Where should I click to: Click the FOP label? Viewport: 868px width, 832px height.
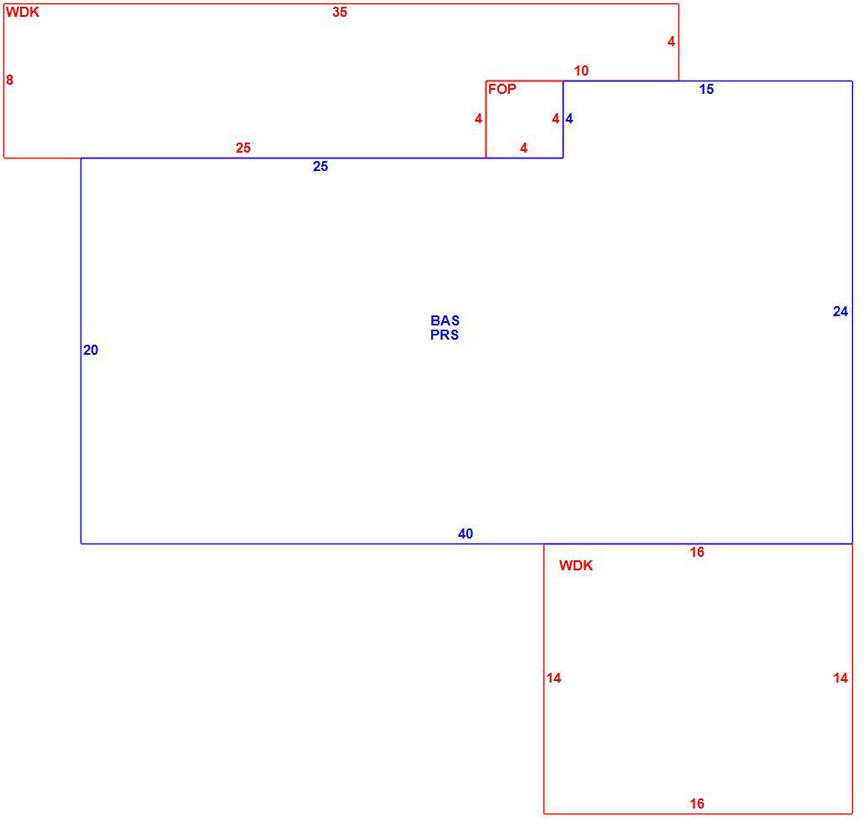click(502, 89)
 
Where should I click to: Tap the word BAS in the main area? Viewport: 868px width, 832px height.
click(444, 320)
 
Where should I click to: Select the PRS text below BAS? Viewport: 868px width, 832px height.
click(444, 335)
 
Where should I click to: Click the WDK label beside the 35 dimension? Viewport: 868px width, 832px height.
click(23, 13)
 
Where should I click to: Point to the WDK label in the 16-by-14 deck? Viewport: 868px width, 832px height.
click(575, 565)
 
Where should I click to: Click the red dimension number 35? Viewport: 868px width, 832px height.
click(340, 13)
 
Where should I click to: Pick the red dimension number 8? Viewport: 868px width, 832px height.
click(9, 81)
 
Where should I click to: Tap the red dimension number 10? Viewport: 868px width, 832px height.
click(581, 70)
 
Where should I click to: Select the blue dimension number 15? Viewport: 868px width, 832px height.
click(706, 89)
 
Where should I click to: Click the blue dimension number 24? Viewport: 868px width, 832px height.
click(840, 312)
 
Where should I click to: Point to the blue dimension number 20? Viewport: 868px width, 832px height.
click(91, 350)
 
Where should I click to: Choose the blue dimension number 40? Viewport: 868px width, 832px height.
click(465, 533)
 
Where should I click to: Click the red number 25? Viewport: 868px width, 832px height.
click(243, 148)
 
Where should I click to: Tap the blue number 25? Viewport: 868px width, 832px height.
click(320, 167)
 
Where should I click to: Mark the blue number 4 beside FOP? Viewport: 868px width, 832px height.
click(569, 118)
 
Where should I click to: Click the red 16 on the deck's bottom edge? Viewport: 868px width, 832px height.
click(697, 803)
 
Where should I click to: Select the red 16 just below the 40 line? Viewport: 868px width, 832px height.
click(697, 552)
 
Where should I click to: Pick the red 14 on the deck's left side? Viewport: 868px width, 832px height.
click(554, 679)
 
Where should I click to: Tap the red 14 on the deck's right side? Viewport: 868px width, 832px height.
click(840, 679)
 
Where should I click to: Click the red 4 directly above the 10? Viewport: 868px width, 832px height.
click(671, 42)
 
